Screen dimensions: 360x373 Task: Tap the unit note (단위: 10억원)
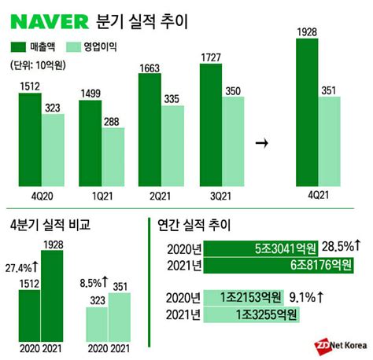point(40,65)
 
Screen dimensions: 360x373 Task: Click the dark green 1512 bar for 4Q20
point(30,138)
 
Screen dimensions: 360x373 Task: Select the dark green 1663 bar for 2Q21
point(150,130)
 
